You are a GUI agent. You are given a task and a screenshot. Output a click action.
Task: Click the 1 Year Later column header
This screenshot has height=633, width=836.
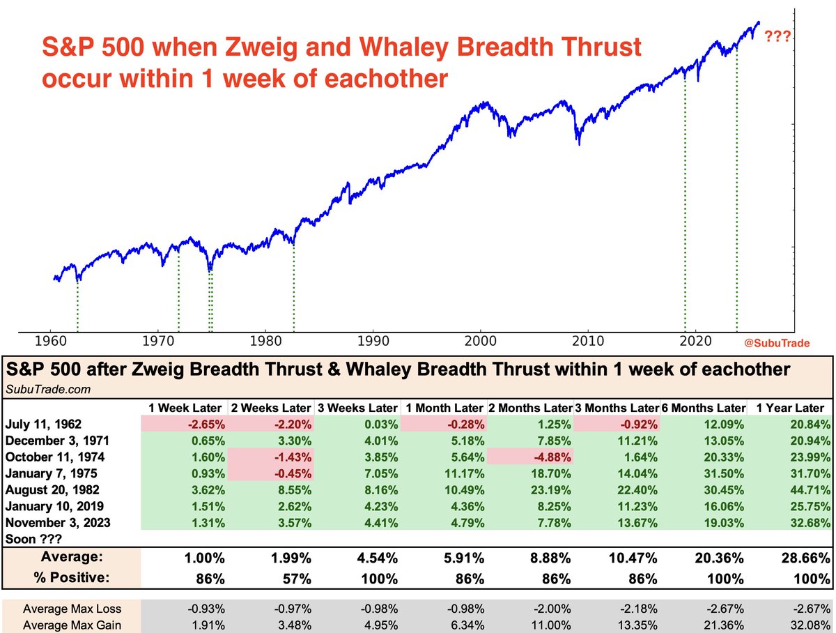click(x=789, y=408)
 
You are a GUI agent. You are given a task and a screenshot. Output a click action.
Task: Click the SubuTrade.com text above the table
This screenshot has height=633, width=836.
click(x=40, y=388)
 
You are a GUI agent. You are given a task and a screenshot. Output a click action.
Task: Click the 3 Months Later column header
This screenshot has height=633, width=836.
click(x=616, y=408)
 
